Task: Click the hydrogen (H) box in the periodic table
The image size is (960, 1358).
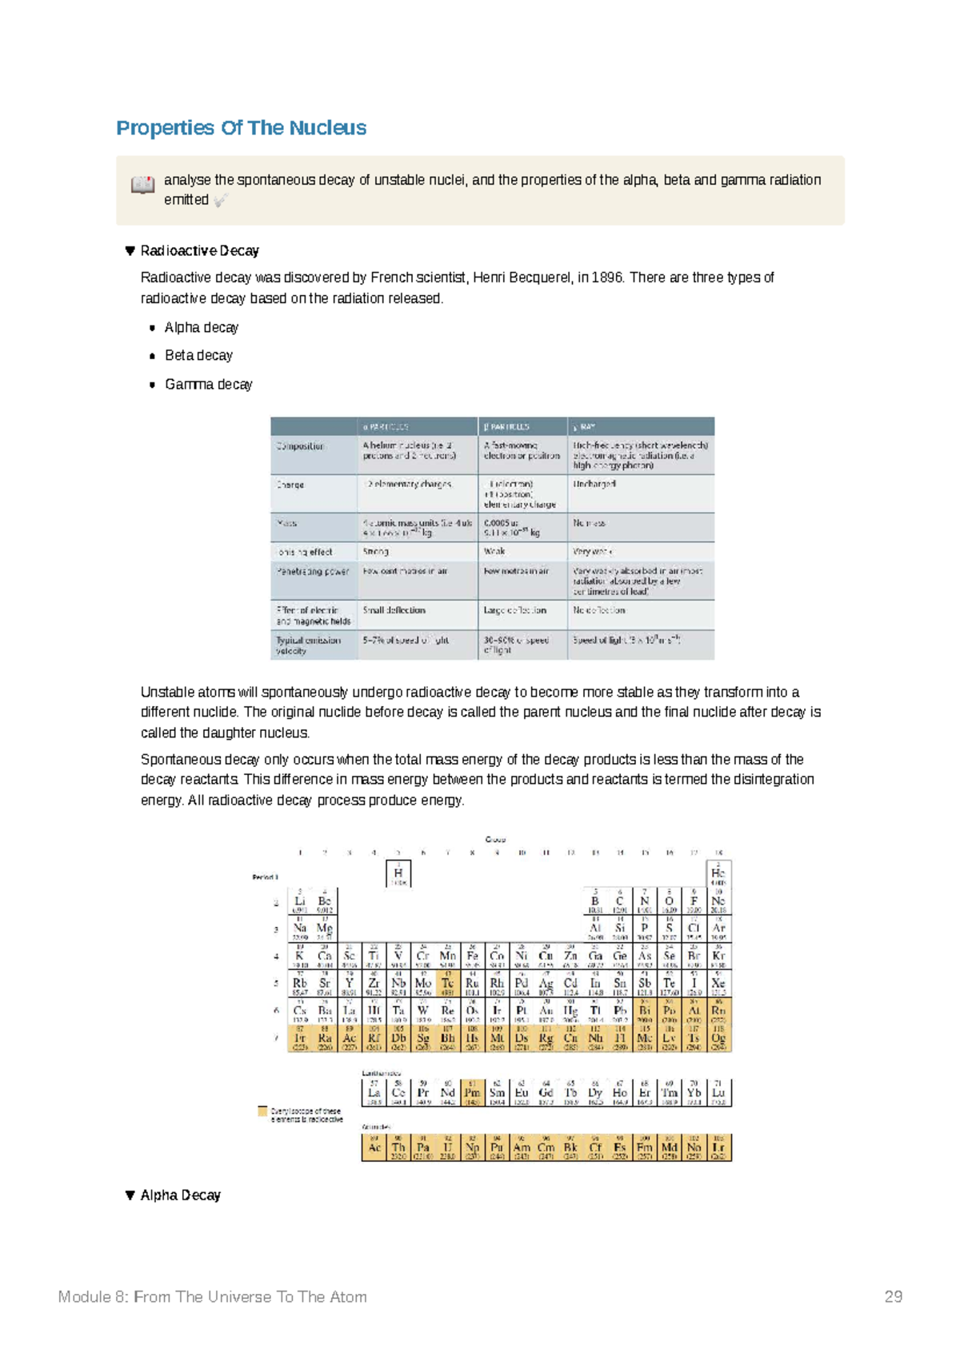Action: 398,873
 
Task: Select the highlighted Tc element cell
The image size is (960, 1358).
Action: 447,984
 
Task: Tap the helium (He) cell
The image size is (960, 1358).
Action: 718,873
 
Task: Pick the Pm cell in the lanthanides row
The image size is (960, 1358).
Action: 472,1092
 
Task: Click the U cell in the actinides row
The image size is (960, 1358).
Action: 447,1148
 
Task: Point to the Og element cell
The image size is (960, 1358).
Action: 718,1039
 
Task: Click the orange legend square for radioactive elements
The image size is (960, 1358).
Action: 262,1111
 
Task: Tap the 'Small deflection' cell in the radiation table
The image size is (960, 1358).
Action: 394,610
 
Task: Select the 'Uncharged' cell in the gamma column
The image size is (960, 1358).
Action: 594,484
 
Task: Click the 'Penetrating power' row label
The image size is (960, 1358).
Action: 312,572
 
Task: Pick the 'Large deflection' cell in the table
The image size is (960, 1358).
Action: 514,610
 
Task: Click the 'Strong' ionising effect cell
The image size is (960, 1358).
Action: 375,552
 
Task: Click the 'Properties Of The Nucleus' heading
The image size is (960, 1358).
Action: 241,128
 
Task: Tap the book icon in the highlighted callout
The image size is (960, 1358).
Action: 142,186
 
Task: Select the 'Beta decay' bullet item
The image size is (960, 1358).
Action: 198,356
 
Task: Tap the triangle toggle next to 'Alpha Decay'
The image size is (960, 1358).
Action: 130,1196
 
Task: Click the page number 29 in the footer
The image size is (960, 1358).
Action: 893,1297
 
